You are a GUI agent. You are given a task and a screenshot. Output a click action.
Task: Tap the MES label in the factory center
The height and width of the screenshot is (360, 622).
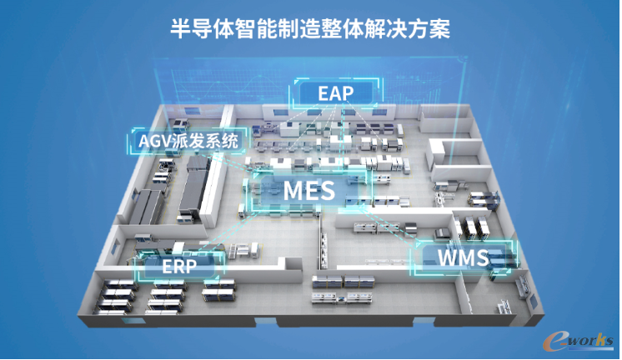pos(308,191)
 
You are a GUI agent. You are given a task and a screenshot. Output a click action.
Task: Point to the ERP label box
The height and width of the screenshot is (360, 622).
pos(181,267)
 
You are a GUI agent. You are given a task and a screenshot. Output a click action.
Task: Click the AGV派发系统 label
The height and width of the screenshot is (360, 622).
pos(185,142)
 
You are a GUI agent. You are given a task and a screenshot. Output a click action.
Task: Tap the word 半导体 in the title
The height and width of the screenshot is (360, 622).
pos(194,28)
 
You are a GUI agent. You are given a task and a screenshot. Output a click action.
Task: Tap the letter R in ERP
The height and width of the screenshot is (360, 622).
pos(181,267)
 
